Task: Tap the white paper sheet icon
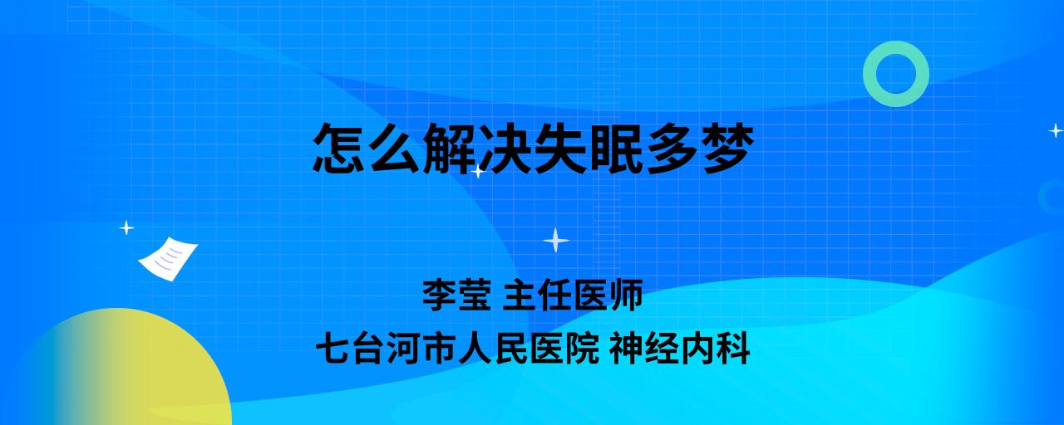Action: (168, 258)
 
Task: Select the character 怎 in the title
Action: (339, 148)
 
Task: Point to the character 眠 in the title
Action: (617, 148)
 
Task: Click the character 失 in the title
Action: (561, 148)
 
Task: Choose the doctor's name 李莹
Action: (456, 295)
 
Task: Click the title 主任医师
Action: (573, 295)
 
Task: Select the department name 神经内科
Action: (680, 348)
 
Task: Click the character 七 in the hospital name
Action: (333, 348)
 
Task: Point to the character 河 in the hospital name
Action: (404, 348)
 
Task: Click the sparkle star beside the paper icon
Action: (126, 228)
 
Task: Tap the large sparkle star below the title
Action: (556, 241)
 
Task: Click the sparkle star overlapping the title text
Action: (478, 171)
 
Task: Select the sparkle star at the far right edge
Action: (1056, 130)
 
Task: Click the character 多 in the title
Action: (672, 148)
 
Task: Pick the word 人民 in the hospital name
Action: (493, 348)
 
